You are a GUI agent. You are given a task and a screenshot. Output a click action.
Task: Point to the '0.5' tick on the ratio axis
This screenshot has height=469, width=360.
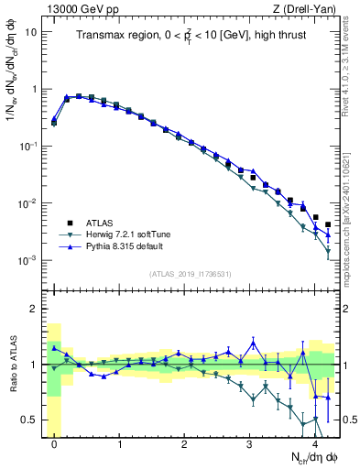point(27,420)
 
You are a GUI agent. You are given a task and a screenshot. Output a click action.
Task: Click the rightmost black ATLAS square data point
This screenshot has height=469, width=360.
point(328,224)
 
